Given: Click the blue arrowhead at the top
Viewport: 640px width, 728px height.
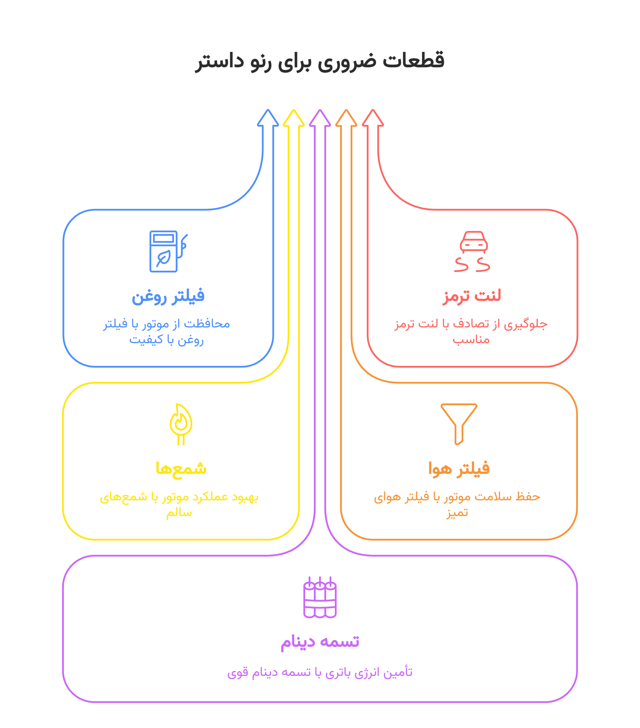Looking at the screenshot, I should pyautogui.click(x=268, y=118).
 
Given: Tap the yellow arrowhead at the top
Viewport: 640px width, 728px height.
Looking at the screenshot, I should pyautogui.click(x=294, y=118).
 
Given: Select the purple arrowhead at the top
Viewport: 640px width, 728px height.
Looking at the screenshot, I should pyautogui.click(x=320, y=118).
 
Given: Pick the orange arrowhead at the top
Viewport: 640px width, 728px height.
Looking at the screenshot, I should pyautogui.click(x=346, y=118).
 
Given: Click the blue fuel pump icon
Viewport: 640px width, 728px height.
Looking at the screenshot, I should pyautogui.click(x=168, y=251).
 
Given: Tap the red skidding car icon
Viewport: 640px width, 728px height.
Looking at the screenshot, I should pyautogui.click(x=473, y=251).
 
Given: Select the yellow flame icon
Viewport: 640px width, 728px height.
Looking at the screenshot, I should pyautogui.click(x=181, y=424).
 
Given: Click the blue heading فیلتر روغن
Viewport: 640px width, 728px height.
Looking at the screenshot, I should pyautogui.click(x=168, y=296).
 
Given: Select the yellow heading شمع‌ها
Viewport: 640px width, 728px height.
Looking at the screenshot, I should pyautogui.click(x=181, y=469).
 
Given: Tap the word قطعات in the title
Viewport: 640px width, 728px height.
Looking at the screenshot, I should pyautogui.click(x=414, y=61).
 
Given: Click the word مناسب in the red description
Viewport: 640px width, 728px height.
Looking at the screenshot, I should pyautogui.click(x=471, y=340).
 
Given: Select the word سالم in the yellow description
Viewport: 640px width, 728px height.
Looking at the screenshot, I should pyautogui.click(x=179, y=513).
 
